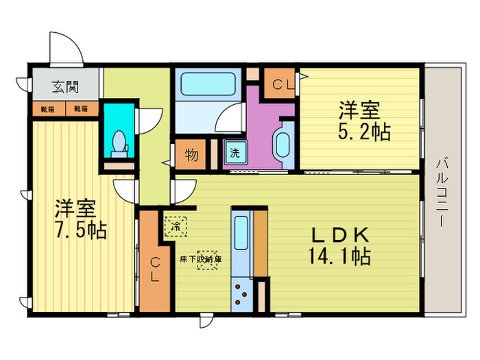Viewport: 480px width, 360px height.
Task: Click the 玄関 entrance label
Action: point(66,87)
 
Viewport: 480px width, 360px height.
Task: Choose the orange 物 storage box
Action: point(191,154)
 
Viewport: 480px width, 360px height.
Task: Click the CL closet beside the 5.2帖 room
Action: point(279,85)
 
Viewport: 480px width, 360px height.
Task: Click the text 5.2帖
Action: point(365,131)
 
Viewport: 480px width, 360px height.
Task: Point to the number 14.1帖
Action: point(341,256)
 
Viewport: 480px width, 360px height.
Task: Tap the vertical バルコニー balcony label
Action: point(442,191)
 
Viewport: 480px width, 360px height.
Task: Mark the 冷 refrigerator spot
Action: point(176,224)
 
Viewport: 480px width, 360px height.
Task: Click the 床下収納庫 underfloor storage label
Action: point(201,259)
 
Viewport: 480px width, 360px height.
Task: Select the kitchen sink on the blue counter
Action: point(241,235)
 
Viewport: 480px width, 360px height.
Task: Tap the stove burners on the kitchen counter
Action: point(241,293)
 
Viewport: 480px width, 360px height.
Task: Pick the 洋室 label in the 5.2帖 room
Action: point(361,110)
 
